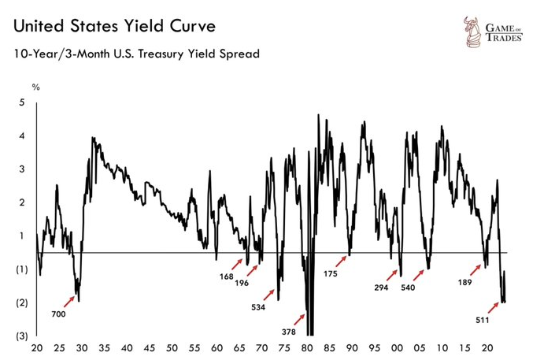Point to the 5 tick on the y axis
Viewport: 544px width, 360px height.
pos(22,102)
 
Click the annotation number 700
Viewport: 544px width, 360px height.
pos(58,314)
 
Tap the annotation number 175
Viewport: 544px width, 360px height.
pos(332,274)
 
